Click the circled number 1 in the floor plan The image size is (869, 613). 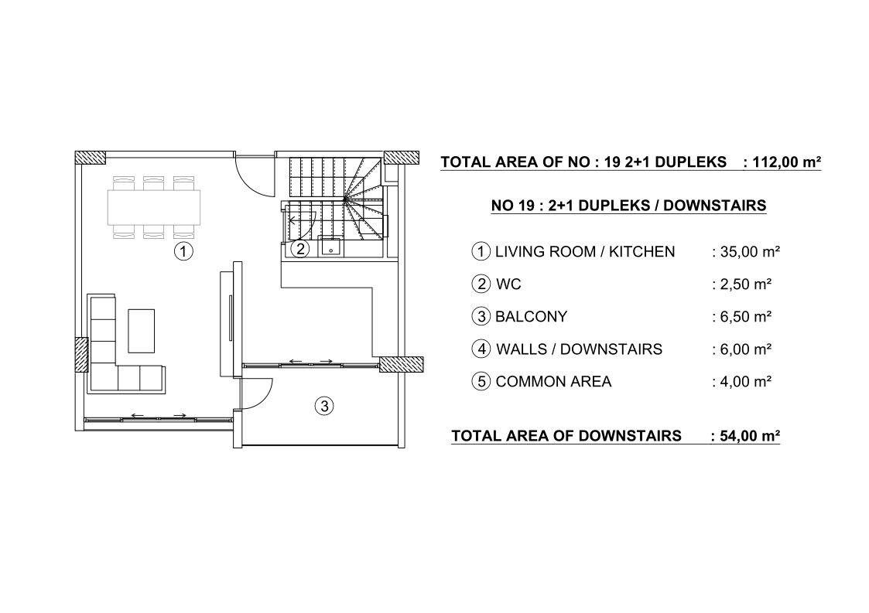click(x=183, y=251)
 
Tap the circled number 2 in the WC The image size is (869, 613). click(x=299, y=249)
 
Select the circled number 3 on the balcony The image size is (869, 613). click(x=324, y=407)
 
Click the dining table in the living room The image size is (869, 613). click(x=153, y=207)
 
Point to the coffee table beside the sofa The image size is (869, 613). click(x=142, y=331)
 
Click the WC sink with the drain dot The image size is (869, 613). click(x=331, y=247)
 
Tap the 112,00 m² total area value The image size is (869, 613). click(x=782, y=162)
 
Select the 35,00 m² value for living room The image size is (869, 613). click(x=746, y=252)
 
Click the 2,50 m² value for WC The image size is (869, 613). click(x=742, y=284)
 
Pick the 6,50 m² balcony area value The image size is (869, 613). click(x=742, y=317)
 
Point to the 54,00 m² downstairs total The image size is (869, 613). click(x=745, y=436)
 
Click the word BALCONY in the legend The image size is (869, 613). click(x=531, y=317)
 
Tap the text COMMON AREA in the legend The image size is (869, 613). click(x=553, y=382)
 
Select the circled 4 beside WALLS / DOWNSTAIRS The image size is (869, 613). click(x=481, y=349)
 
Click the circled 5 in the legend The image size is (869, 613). click(x=481, y=382)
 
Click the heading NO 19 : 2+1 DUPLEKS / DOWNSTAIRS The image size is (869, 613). click(x=628, y=206)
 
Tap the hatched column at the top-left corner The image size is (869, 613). click(x=91, y=157)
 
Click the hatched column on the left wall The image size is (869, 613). click(x=81, y=355)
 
